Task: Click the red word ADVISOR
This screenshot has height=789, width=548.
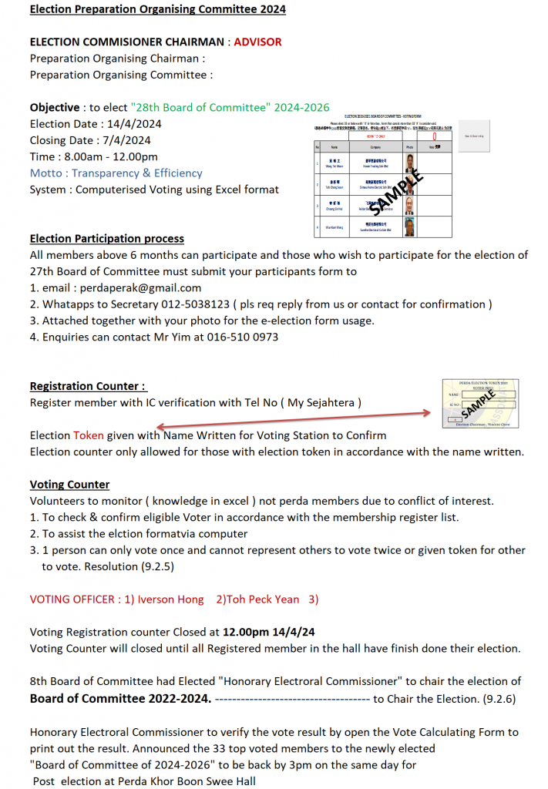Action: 257,42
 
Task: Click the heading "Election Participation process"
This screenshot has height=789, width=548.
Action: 106,239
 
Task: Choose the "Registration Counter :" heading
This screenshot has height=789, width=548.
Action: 88,386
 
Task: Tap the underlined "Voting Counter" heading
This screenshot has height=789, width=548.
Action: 69,485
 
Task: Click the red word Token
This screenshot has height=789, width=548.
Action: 88,435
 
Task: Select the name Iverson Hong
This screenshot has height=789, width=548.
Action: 170,599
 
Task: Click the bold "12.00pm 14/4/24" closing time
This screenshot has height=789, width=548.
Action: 269,632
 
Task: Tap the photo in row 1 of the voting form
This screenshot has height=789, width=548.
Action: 410,163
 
